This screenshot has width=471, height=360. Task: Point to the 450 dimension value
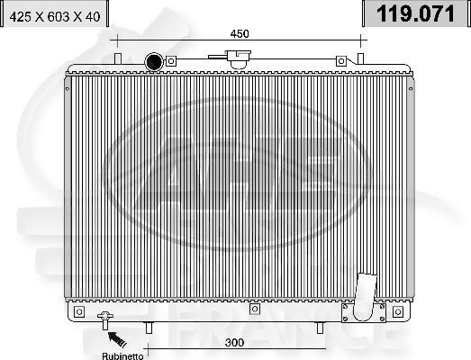coord(239,33)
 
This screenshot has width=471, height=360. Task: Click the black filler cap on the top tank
coord(154,62)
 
